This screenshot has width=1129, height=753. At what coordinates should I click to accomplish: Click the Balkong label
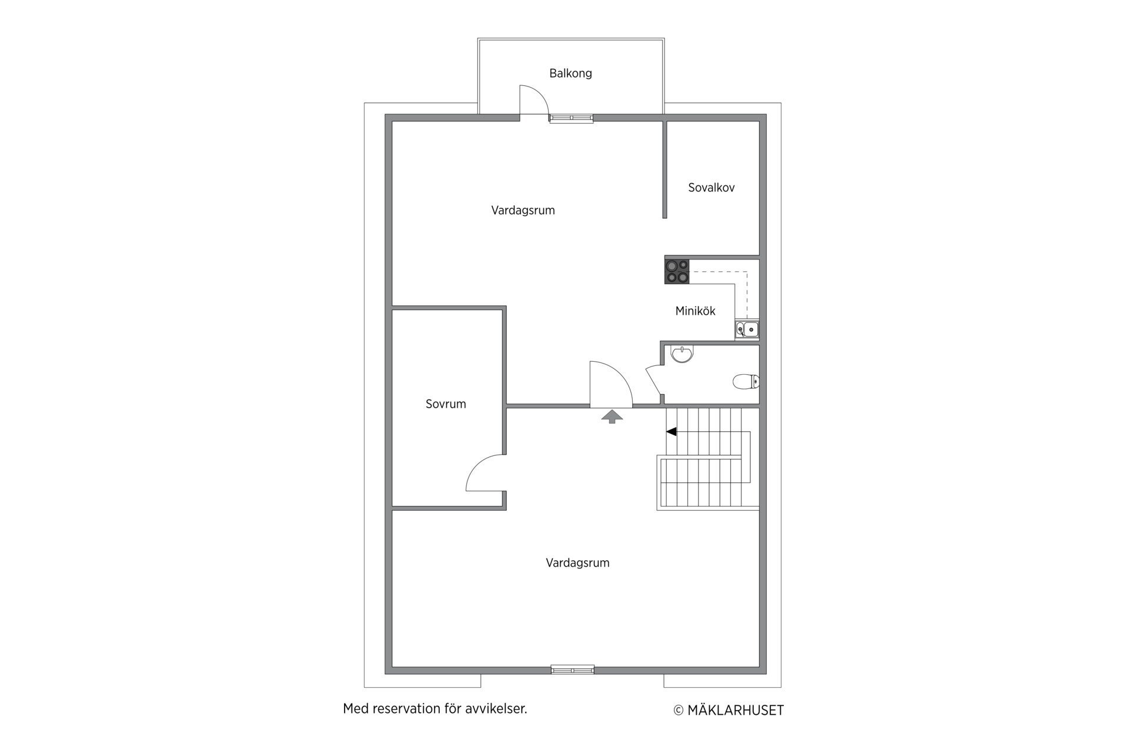[x=570, y=74]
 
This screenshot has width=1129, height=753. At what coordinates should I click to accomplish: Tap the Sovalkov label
[x=712, y=188]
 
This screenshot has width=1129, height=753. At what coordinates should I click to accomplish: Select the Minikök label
[x=695, y=311]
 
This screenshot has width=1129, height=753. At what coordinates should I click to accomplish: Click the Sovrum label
[x=446, y=404]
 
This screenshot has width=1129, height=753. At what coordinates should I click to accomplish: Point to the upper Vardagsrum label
[x=523, y=211]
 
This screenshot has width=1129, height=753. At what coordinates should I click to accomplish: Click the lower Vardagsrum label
[x=577, y=563]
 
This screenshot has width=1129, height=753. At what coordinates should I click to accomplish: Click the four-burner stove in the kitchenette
[x=677, y=271]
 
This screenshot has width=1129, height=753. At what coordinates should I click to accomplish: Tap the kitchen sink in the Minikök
[x=747, y=329]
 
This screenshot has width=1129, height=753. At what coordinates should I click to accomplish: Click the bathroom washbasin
[x=682, y=354]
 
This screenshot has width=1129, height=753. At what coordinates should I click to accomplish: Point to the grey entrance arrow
[x=612, y=417]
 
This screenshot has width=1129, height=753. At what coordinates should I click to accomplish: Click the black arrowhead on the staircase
[x=671, y=432]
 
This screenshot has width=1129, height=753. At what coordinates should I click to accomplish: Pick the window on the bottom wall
[x=572, y=669]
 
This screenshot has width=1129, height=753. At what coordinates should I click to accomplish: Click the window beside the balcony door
[x=571, y=118]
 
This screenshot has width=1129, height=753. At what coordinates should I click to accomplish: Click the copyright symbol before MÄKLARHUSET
[x=679, y=711]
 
